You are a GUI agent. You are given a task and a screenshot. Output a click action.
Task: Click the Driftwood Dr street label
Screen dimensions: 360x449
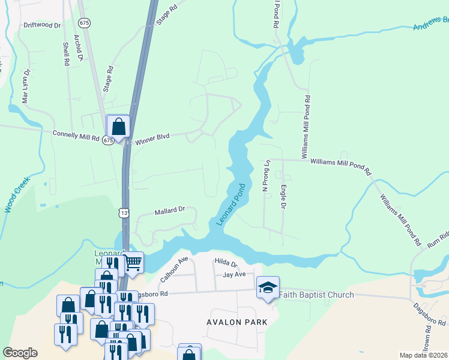point(42,26)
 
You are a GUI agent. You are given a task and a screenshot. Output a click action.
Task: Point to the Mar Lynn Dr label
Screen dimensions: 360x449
point(26,86)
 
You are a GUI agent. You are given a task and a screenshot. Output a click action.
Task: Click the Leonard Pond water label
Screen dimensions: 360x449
point(231,205)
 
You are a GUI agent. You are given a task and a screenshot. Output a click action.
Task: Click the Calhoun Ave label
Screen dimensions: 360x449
point(174,269)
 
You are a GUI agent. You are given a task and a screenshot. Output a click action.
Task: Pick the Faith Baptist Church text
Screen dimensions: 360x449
point(317,295)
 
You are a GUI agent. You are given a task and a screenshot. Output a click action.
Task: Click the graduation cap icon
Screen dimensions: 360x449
point(268,287)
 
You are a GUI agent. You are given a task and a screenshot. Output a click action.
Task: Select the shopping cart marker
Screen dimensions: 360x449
point(133,262)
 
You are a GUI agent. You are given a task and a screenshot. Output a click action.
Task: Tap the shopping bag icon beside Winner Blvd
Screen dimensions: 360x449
point(118,127)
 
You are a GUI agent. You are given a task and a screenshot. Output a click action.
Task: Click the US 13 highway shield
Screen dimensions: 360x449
point(124,213)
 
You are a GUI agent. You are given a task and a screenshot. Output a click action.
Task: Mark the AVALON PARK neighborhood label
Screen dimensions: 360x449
point(237,322)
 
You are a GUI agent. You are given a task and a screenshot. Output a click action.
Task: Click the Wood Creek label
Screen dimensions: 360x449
point(17,194)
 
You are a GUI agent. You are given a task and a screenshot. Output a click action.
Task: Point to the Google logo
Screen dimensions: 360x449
point(20,353)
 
